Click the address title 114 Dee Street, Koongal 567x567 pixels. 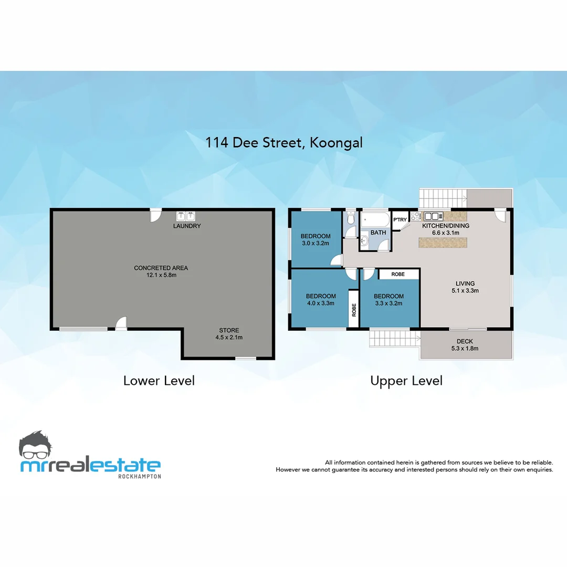pos(284,142)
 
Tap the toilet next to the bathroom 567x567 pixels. pos(351,218)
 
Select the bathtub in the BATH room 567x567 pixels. pos(375,219)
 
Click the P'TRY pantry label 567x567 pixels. pos(400,220)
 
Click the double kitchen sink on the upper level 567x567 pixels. pos(434,216)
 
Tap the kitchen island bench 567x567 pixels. pos(443,242)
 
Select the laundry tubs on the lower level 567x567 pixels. pos(186,216)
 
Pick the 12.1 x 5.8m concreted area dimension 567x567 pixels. pos(161,275)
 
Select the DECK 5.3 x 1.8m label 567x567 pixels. pos(465,344)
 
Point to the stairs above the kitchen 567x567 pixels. pos(443,198)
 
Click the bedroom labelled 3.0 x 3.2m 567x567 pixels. pos(315,239)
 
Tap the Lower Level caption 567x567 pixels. pos(159,381)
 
